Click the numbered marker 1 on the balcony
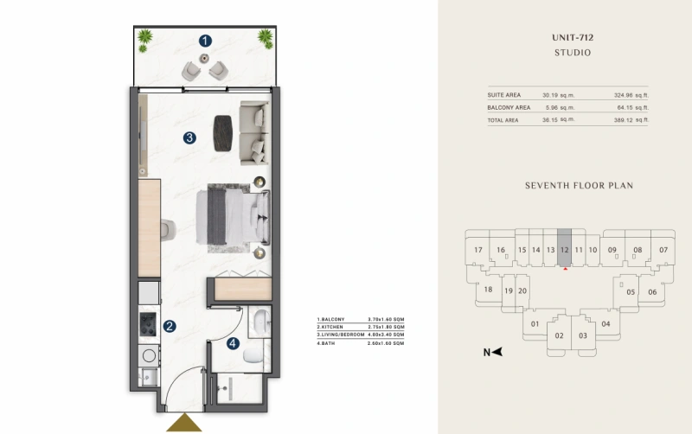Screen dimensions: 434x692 (x=205, y=40)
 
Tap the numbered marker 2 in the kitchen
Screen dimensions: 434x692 (x=170, y=326)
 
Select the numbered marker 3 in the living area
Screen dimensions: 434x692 (x=189, y=137)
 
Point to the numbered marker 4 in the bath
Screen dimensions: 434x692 (x=233, y=343)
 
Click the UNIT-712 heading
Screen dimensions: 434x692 (x=572, y=38)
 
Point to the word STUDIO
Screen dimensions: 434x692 (x=572, y=53)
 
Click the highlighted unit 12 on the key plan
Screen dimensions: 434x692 (x=564, y=250)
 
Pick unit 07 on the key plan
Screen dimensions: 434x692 (x=663, y=250)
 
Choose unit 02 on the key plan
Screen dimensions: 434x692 (x=559, y=335)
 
